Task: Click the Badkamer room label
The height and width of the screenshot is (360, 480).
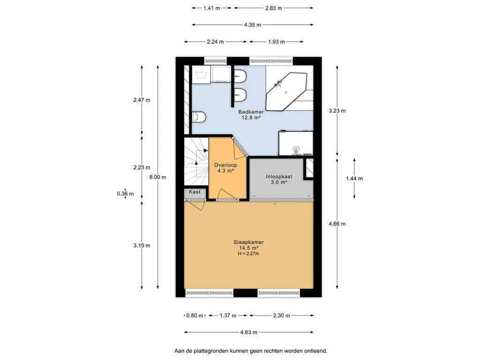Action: point(251,112)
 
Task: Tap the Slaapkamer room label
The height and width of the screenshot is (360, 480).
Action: point(248,242)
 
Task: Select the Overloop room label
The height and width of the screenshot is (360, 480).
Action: point(225,165)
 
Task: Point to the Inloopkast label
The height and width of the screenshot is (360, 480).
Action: point(279,177)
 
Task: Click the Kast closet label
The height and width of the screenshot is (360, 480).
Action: point(195,192)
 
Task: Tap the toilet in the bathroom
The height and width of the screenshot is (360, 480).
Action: point(199,117)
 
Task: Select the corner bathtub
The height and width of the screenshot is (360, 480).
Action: point(286,91)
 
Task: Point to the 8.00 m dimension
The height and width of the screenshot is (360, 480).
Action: point(157,177)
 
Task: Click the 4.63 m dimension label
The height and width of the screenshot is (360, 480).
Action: point(248,332)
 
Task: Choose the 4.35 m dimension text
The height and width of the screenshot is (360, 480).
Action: point(253,25)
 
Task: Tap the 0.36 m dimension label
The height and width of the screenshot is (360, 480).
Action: point(125,194)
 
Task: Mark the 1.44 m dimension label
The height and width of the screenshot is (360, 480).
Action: point(354,179)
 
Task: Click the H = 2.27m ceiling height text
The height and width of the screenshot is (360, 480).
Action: point(248,254)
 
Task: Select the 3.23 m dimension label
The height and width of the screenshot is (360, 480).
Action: point(337,111)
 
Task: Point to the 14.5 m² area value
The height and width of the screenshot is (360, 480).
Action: point(248,248)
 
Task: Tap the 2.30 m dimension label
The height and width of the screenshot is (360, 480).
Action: point(281,315)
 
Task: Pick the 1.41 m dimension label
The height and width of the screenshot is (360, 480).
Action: point(211,8)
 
